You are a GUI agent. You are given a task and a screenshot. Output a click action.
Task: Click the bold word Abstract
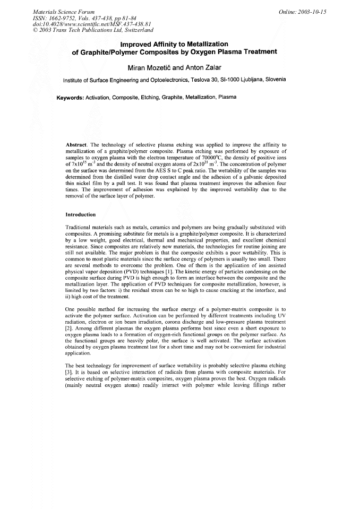[76, 144]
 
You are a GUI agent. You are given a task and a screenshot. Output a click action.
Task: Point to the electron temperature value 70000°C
[215, 158]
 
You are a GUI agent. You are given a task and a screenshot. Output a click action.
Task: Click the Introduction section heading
[80, 215]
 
